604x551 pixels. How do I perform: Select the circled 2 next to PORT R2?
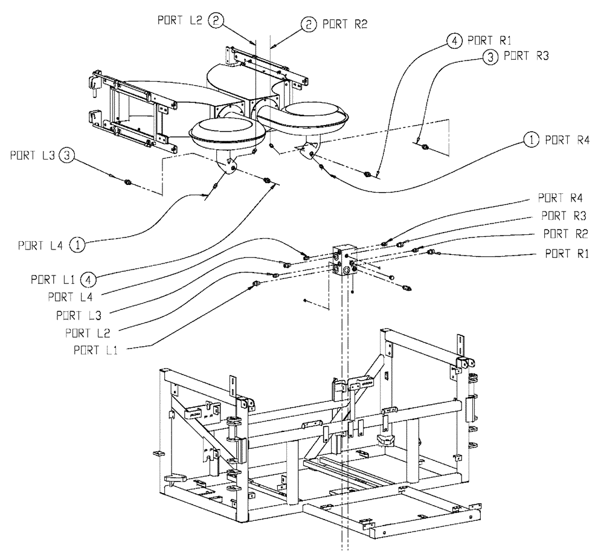[308, 25]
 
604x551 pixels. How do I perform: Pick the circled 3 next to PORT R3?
[490, 57]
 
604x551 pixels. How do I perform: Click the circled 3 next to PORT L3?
[68, 155]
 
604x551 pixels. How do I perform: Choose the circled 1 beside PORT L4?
[77, 245]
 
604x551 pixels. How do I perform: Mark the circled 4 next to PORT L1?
[89, 279]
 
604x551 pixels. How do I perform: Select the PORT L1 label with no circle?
[95, 350]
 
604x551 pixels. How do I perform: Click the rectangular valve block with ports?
[344, 262]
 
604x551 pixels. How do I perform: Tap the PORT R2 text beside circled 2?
[342, 25]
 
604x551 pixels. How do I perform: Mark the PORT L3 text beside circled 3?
[33, 155]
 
